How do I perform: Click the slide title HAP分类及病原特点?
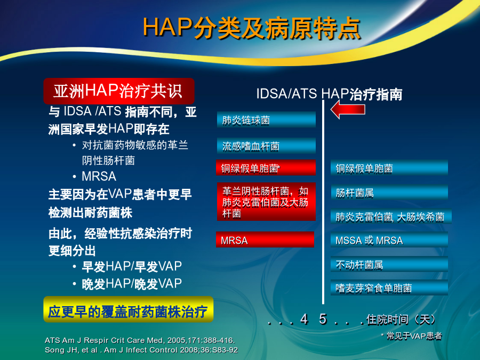point(252,28)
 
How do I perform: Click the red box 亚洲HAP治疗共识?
point(119,91)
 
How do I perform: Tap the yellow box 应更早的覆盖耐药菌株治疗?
point(128,309)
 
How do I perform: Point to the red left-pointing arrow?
point(348,109)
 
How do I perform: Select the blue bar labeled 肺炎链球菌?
point(266,119)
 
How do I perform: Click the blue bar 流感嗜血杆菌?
point(266,146)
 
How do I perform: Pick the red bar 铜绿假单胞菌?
point(266,167)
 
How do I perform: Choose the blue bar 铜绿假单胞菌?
point(389,168)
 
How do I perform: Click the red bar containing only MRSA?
point(265,239)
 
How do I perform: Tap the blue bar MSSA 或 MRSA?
point(389,239)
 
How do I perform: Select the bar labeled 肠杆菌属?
point(389,192)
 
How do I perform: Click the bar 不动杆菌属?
point(389,264)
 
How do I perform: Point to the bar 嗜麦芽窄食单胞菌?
point(389,287)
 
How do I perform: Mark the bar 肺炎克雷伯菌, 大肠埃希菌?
point(391,216)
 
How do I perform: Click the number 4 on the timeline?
point(303,319)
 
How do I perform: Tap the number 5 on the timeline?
point(323,319)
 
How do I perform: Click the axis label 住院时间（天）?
point(401,319)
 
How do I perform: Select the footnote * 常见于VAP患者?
point(411,336)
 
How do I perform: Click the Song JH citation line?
point(141,350)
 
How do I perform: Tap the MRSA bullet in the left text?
point(99,177)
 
